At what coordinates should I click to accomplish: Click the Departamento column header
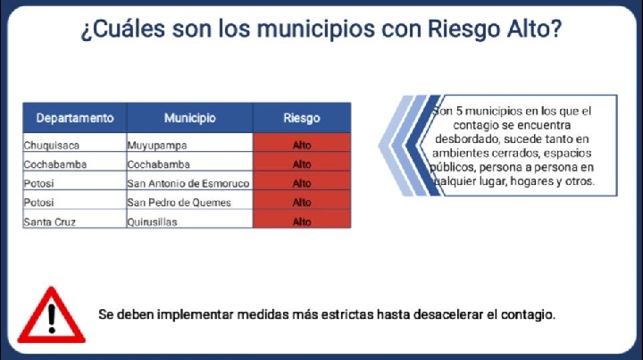75,118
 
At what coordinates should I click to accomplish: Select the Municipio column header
190,118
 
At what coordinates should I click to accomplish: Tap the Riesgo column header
302,118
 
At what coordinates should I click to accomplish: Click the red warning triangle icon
52,315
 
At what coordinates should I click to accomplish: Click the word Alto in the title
534,29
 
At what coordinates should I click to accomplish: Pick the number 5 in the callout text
459,111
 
